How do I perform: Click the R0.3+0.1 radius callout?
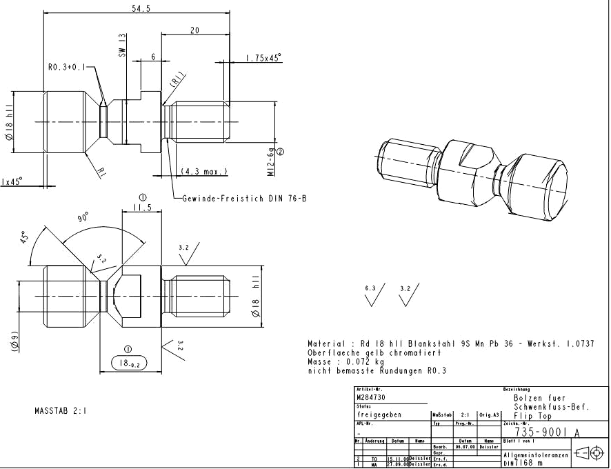68,68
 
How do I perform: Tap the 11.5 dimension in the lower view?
141,207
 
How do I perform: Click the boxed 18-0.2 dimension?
128,363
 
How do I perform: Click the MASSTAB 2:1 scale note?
60,411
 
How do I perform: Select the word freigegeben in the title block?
379,415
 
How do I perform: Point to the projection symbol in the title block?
588,452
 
